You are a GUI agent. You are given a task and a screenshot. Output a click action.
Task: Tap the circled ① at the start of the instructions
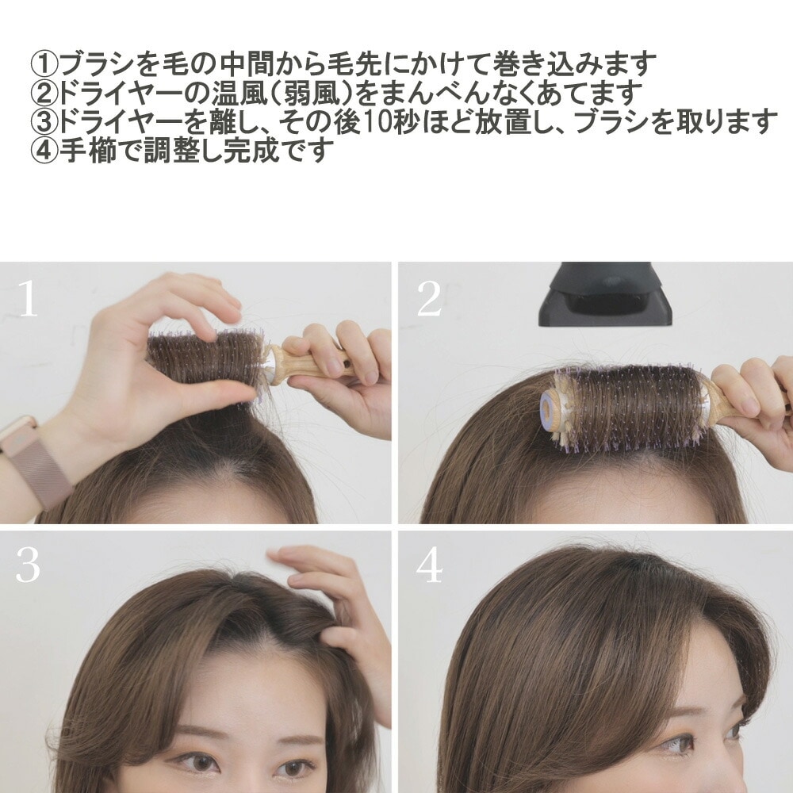point(45,63)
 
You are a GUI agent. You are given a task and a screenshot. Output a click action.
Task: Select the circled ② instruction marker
point(45,93)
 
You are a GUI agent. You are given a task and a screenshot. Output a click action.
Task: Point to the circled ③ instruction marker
point(45,121)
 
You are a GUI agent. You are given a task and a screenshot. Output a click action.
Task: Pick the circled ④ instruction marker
point(45,150)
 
